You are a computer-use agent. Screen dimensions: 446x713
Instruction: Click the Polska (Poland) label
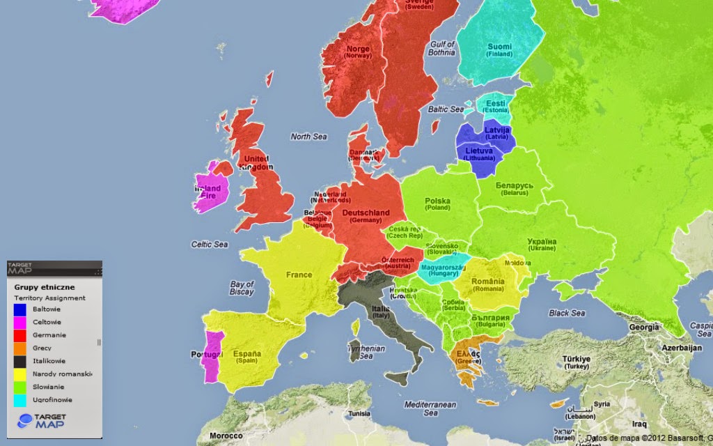click(x=438, y=204)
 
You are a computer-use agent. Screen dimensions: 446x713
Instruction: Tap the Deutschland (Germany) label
click(x=366, y=216)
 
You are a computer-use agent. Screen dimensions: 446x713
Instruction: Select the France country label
click(x=299, y=275)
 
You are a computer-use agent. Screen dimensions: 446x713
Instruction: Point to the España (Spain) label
click(x=246, y=357)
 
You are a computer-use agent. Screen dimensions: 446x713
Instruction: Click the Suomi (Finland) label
click(x=499, y=49)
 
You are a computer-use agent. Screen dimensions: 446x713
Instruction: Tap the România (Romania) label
click(x=487, y=284)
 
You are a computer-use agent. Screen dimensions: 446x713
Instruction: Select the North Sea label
click(x=308, y=137)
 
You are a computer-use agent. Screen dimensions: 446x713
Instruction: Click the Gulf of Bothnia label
click(x=442, y=48)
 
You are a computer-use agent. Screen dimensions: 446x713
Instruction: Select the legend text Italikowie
click(x=49, y=361)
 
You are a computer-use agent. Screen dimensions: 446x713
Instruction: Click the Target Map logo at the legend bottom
click(x=45, y=421)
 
